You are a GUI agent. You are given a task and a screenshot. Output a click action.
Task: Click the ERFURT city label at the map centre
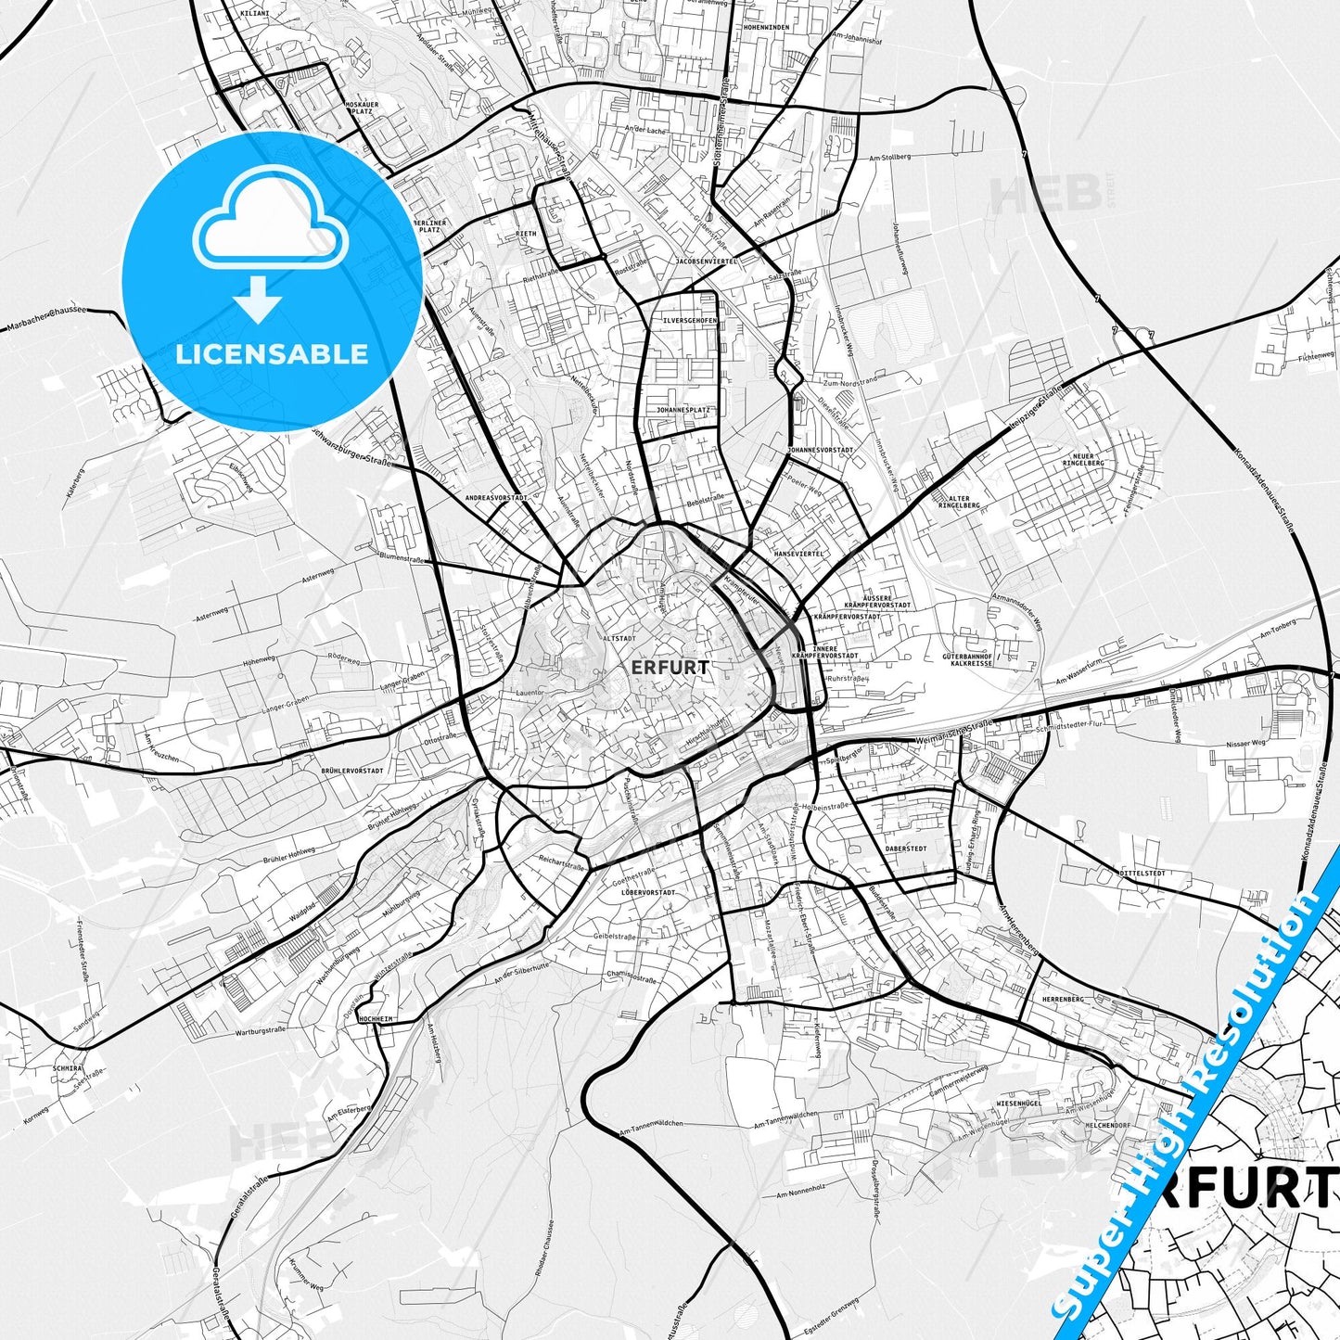[x=670, y=667]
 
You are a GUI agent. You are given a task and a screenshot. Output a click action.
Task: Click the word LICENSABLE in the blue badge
[x=272, y=353]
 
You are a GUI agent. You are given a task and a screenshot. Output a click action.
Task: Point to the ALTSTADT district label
[x=619, y=639]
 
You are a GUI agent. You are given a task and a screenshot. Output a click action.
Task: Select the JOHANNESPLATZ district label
[x=683, y=409]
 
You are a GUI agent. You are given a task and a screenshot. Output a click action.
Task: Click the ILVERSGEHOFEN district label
[x=689, y=321]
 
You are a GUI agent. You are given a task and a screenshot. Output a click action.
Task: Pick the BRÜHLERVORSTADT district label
[x=352, y=771]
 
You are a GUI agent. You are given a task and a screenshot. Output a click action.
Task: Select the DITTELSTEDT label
[x=1142, y=874]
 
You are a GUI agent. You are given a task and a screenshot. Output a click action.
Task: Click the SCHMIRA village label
[x=67, y=1068]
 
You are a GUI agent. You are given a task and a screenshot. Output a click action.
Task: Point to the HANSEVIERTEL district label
[x=798, y=554]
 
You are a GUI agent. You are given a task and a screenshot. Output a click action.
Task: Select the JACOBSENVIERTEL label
[x=707, y=262]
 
